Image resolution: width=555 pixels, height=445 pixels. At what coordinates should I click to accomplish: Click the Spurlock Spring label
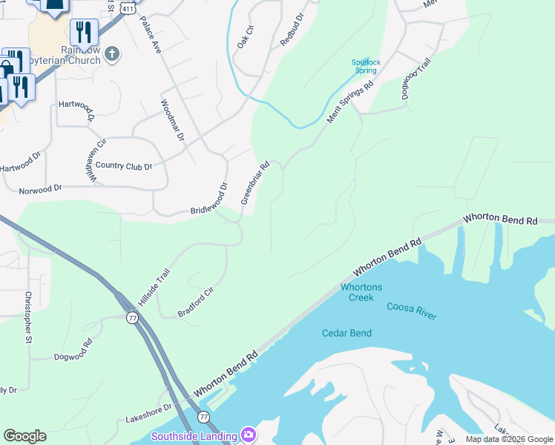point(364,67)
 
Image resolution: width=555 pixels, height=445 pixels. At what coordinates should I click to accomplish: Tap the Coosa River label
point(411,311)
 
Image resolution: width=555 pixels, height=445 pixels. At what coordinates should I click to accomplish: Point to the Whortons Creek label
point(361,292)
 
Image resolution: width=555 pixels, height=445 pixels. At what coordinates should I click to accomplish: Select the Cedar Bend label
point(347,333)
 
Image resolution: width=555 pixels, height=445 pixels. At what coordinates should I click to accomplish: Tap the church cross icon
point(112,53)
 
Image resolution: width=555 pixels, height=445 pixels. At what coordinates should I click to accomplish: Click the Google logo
point(24,435)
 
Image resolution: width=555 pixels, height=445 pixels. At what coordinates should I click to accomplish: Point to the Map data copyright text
point(508,439)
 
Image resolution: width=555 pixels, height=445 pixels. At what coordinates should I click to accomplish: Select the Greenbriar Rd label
point(254,183)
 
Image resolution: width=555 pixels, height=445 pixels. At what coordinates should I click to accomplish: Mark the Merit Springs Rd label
point(350,105)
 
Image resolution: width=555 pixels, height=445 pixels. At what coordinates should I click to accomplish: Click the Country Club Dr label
point(123,166)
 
